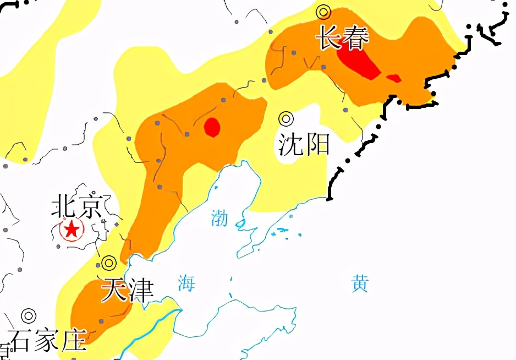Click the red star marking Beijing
(71, 229)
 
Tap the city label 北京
(76, 206)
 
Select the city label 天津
(127, 290)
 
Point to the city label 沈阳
(304, 144)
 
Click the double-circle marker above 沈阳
(286, 118)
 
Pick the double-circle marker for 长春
(323, 12)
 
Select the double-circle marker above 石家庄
(29, 315)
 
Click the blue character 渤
(219, 218)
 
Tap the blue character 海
(186, 283)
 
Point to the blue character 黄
(360, 284)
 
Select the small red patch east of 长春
(394, 78)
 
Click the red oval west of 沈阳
(212, 127)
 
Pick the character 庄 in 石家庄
(74, 340)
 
